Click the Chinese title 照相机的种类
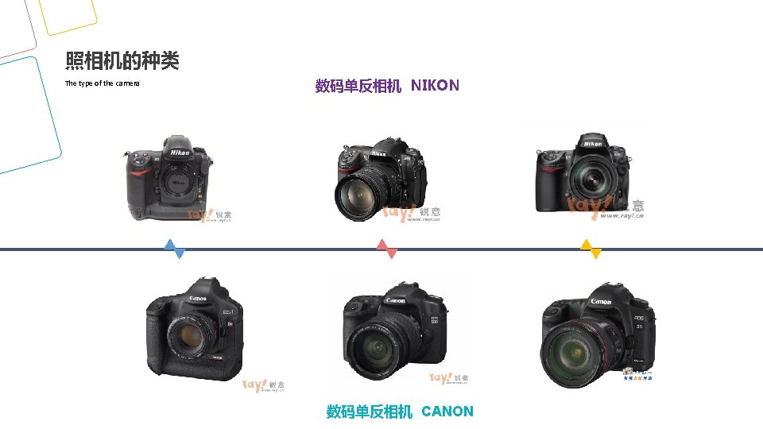tap(122, 60)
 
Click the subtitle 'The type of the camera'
tap(102, 83)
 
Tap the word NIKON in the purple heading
tap(435, 85)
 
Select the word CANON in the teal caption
tap(447, 412)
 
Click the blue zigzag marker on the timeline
tap(175, 249)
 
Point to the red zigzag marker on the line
tap(386, 249)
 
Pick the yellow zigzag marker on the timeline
tap(591, 249)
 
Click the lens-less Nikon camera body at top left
tap(169, 179)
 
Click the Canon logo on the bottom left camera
tap(198, 299)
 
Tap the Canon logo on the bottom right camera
tap(602, 302)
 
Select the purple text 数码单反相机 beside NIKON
tap(358, 86)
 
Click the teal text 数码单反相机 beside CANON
tap(370, 412)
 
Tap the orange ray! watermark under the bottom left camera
tap(255, 386)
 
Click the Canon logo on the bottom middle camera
tap(395, 300)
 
